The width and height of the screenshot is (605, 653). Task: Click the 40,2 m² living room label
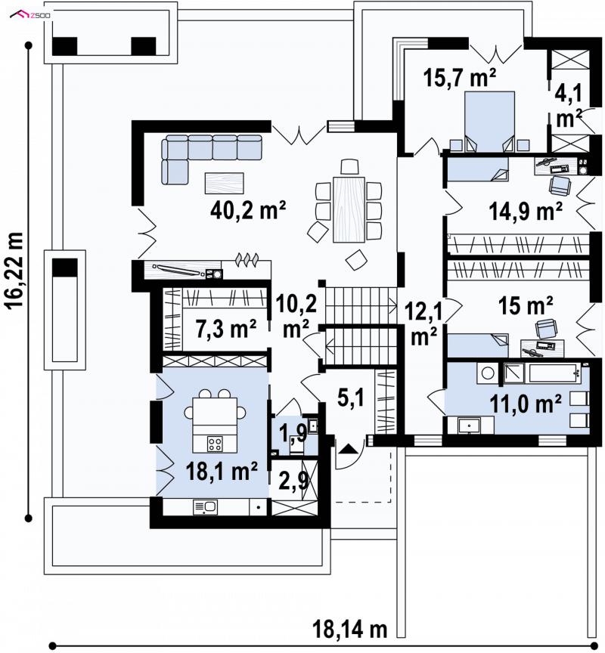point(248,210)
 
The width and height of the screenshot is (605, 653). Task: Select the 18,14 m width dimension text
point(350,629)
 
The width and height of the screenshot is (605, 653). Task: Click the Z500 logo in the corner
point(30,15)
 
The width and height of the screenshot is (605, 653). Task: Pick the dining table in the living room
point(349,209)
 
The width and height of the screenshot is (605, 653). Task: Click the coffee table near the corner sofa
point(224,183)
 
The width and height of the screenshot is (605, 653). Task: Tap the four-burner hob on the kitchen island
point(215,444)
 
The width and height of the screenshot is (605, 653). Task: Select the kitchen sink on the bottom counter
point(206,507)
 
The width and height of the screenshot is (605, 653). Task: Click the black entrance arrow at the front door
point(349,449)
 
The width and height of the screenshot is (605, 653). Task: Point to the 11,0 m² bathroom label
point(525,403)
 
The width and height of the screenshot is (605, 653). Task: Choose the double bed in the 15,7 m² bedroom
point(489,122)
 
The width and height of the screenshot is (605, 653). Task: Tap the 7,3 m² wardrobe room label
point(225,329)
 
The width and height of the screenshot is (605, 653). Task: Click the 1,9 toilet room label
point(293,433)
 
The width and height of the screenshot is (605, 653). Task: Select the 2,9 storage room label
point(293,481)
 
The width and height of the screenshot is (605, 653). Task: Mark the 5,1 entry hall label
point(351,398)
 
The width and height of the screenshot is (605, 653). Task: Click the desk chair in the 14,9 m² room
point(560,185)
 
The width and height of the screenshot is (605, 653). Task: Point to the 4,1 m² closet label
point(569,107)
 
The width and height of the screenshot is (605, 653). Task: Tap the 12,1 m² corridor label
point(423,323)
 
